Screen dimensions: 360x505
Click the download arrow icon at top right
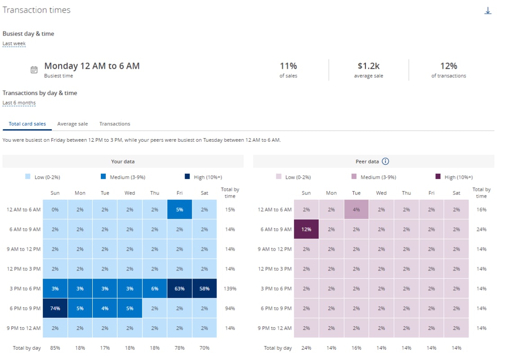pyautogui.click(x=487, y=11)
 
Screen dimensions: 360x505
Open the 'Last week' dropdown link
pyautogui.click(x=14, y=44)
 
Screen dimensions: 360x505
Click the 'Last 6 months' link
pyautogui.click(x=19, y=103)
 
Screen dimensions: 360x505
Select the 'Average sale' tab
pyautogui.click(x=72, y=124)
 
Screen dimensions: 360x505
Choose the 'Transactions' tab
pyautogui.click(x=115, y=124)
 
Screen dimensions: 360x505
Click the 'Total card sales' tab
pyautogui.click(x=27, y=124)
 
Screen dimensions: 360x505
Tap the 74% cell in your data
pyautogui.click(x=55, y=308)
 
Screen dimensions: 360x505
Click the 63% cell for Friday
pyautogui.click(x=180, y=288)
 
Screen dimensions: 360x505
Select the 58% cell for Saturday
pyautogui.click(x=204, y=288)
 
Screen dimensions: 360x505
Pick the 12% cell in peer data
pyautogui.click(x=306, y=229)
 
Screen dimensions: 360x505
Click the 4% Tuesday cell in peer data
pyautogui.click(x=356, y=209)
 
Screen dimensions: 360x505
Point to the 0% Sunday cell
pyautogui.click(x=55, y=209)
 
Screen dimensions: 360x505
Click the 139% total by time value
pyautogui.click(x=230, y=288)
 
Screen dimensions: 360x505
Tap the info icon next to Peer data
pyautogui.click(x=385, y=162)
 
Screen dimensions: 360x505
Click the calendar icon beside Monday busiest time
pyautogui.click(x=34, y=70)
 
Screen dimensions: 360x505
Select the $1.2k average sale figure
pyautogui.click(x=368, y=66)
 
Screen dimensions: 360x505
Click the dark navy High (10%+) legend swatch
pyautogui.click(x=187, y=177)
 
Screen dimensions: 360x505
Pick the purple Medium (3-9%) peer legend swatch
pyautogui.click(x=354, y=177)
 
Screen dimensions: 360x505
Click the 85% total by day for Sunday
pyautogui.click(x=55, y=348)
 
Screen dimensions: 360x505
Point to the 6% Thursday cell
pyautogui.click(x=154, y=288)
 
